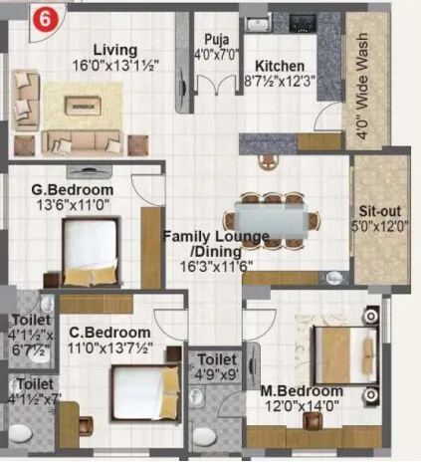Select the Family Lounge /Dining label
pos(216,243)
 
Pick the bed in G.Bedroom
pos(94,249)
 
